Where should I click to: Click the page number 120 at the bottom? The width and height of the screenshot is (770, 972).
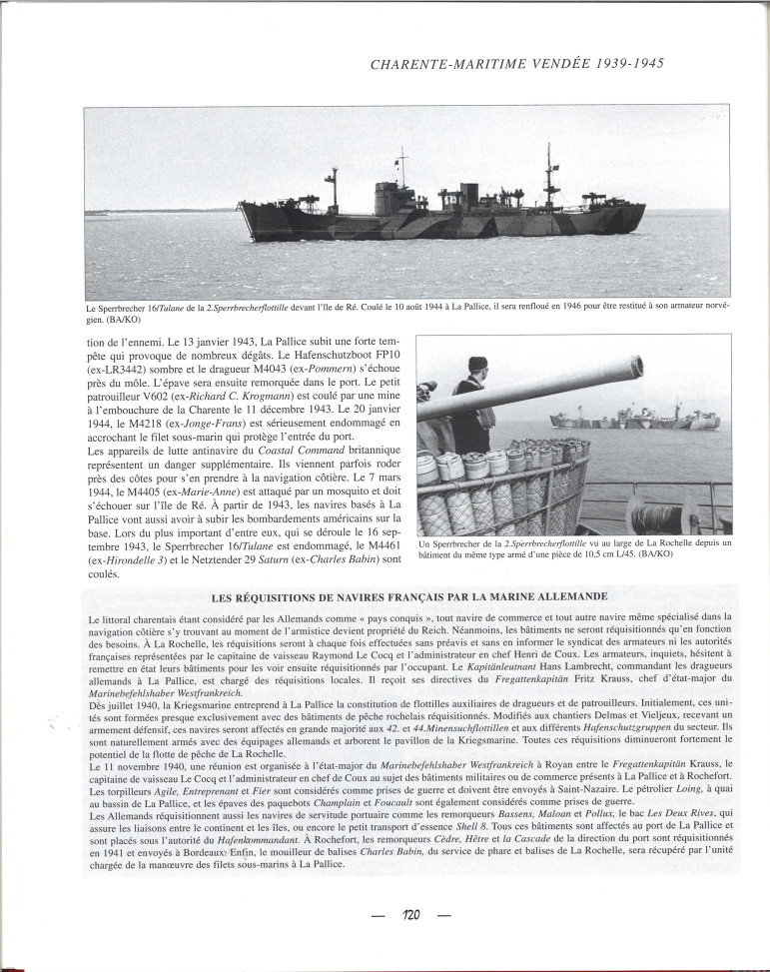point(410,915)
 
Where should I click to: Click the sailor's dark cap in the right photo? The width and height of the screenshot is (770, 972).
point(477,366)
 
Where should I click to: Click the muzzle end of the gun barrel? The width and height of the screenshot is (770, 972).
point(635,366)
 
